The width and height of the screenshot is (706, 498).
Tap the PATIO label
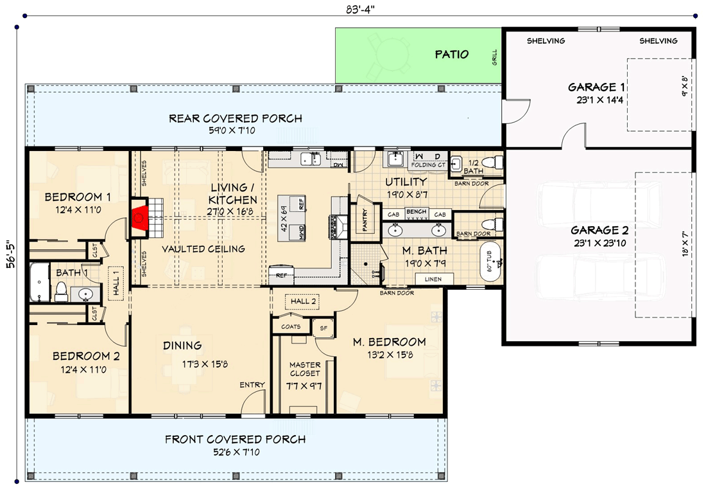[452, 55]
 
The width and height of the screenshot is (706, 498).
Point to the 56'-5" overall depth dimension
[9, 256]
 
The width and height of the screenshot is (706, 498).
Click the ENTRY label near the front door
[252, 385]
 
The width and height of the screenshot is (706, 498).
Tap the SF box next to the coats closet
[323, 327]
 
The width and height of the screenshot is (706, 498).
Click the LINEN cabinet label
[435, 279]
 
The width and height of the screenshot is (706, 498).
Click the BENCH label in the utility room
[416, 211]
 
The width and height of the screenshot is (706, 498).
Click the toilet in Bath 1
[62, 294]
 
